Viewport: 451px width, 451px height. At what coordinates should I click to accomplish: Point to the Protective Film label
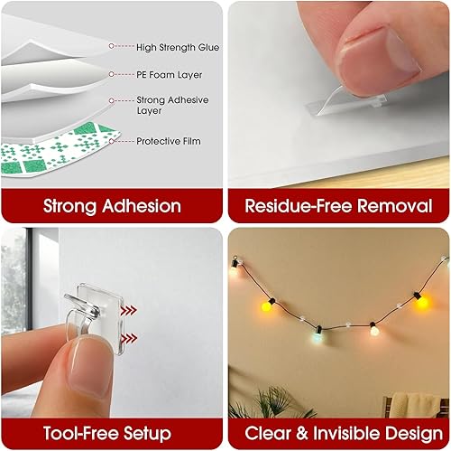click(x=169, y=141)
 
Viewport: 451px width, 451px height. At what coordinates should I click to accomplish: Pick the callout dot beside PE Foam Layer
click(x=111, y=77)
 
